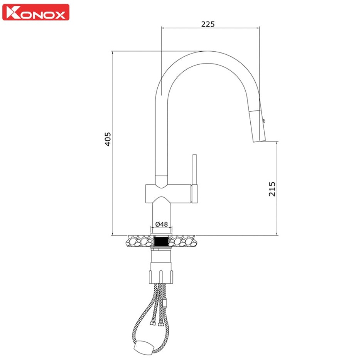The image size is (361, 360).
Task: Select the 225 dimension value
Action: click(208, 24)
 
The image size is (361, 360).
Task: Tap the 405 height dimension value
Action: click(108, 139)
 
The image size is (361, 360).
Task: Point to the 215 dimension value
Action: click(272, 189)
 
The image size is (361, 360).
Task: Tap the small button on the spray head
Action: click(264, 121)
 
